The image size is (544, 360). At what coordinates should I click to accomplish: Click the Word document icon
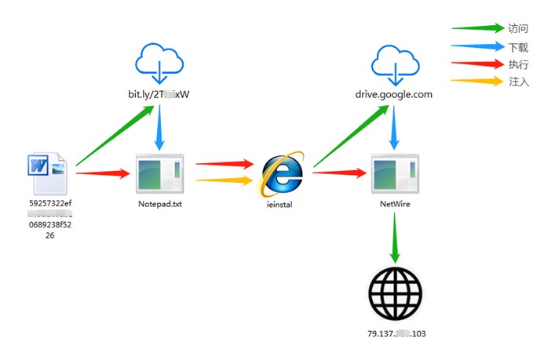49,174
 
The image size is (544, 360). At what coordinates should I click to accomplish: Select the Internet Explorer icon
282,172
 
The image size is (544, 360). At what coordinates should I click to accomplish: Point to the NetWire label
393,203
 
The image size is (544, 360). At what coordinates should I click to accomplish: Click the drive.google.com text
393,94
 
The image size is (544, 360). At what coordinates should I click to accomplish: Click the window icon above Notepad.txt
159,173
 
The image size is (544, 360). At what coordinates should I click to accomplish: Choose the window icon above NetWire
393,173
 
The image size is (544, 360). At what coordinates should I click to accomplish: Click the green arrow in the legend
476,28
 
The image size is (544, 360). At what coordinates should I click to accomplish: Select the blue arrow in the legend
476,46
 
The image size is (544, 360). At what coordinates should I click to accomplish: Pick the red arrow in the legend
476,64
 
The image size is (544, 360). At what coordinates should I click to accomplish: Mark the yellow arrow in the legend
476,81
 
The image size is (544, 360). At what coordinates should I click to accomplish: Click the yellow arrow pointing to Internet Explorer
225,180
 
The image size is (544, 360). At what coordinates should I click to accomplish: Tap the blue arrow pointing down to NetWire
393,129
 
